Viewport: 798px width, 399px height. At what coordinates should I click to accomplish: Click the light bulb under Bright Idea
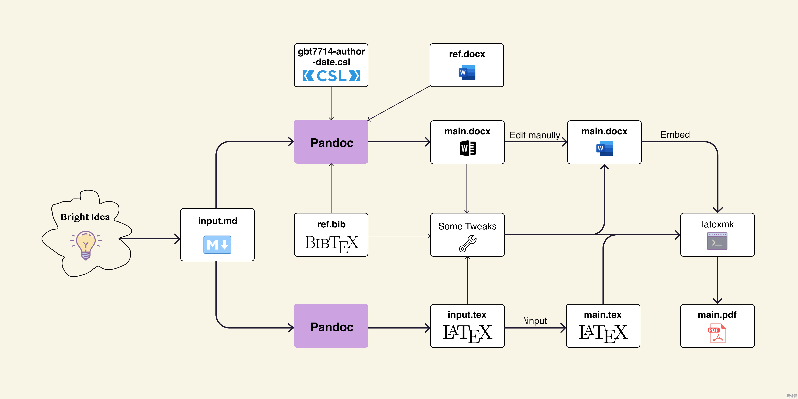[x=86, y=245]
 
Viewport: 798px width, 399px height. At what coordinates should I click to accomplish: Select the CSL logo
[x=331, y=76]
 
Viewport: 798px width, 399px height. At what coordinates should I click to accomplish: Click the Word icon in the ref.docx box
[x=467, y=72]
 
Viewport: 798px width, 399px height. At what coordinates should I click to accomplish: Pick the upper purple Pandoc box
[x=331, y=142]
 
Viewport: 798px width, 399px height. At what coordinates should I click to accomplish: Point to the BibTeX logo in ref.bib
[x=332, y=243]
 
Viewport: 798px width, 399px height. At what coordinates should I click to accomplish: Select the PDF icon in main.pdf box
[x=717, y=333]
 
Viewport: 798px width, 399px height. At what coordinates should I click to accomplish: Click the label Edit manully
[x=535, y=135]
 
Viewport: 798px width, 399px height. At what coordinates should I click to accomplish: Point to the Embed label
[x=675, y=134]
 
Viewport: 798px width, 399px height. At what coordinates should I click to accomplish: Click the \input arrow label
[x=535, y=321]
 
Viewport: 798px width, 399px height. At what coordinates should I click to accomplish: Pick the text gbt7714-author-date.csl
[x=331, y=57]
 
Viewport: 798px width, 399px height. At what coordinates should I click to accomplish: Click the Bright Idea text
[x=85, y=217]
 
